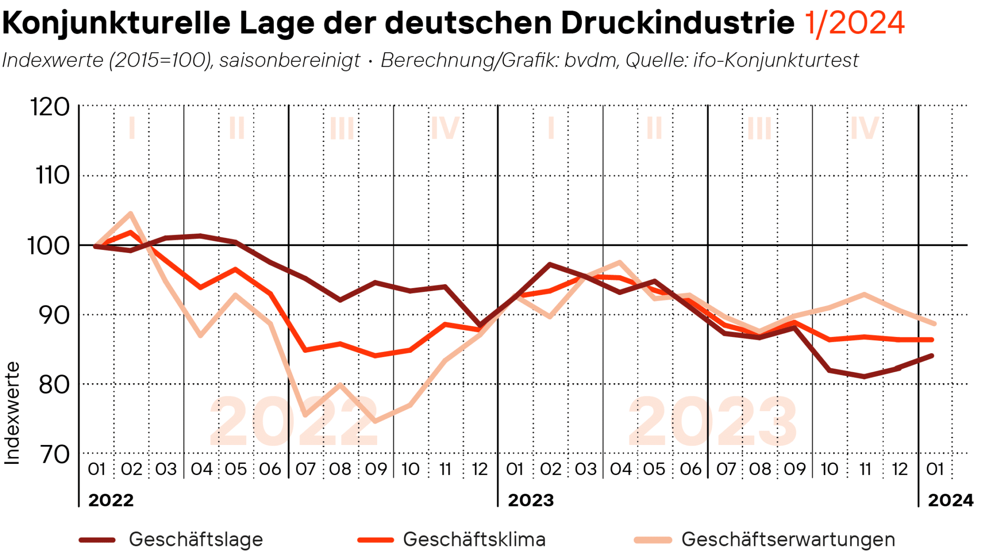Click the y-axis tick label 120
click(50, 107)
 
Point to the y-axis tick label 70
click(54, 454)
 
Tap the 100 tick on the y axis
click(48, 246)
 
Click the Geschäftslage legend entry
click(196, 539)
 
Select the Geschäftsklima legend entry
click(474, 539)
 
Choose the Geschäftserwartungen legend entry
click(788, 539)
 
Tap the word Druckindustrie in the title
click(677, 23)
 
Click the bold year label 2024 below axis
click(950, 500)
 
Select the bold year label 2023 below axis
click(531, 500)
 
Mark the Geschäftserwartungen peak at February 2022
click(130, 213)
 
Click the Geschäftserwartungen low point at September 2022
click(375, 421)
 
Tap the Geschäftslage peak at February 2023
click(550, 264)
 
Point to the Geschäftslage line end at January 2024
click(932, 356)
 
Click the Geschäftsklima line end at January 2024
click(932, 340)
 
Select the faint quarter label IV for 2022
click(445, 128)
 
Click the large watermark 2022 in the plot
click(294, 421)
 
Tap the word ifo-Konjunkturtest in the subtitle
click(776, 60)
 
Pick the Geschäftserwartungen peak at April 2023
click(620, 262)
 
